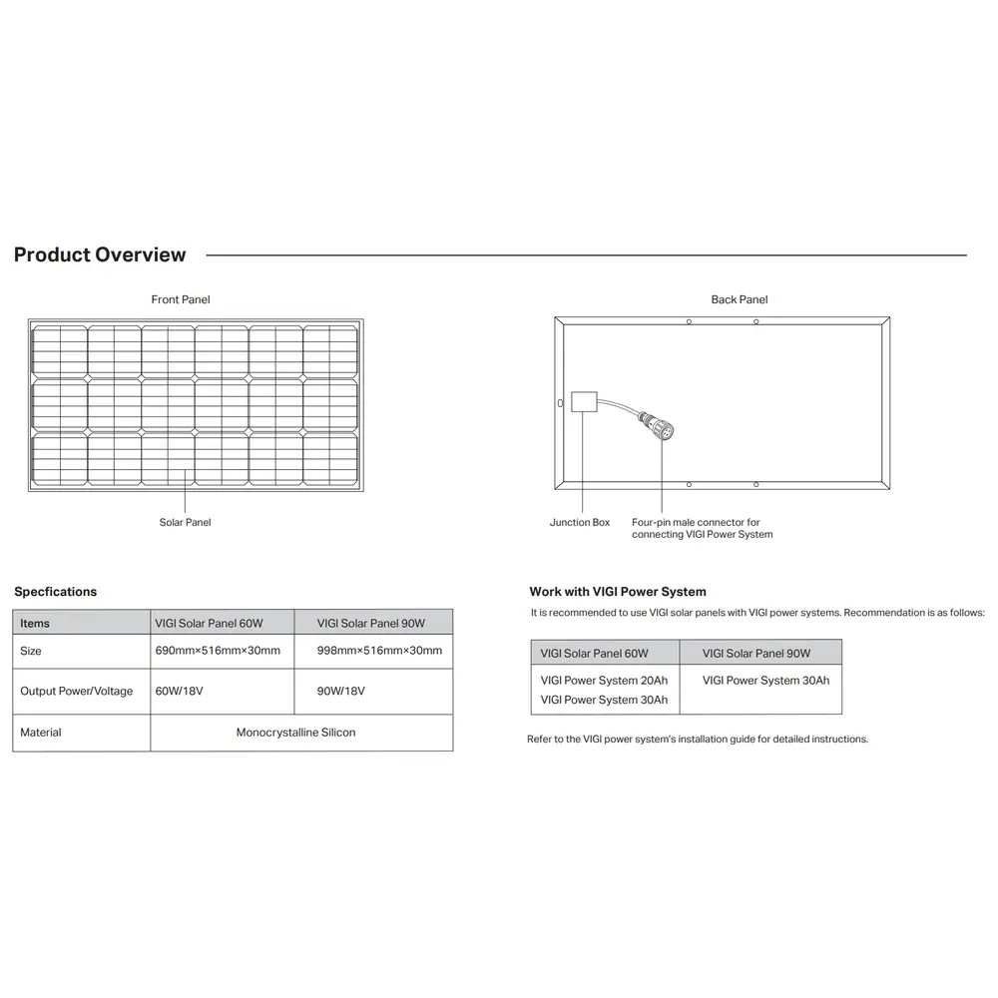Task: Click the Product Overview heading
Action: pyautogui.click(x=100, y=254)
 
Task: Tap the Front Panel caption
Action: pyautogui.click(x=181, y=299)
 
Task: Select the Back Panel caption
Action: pyautogui.click(x=740, y=299)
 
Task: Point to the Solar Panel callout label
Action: pyautogui.click(x=185, y=522)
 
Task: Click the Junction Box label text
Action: pyautogui.click(x=580, y=522)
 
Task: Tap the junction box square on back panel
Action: pyautogui.click(x=583, y=401)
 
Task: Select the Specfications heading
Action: pyautogui.click(x=55, y=592)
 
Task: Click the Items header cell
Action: pyautogui.click(x=35, y=623)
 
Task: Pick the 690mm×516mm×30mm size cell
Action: pyautogui.click(x=218, y=651)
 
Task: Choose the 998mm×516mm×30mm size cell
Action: pyautogui.click(x=379, y=651)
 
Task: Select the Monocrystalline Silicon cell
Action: pyautogui.click(x=295, y=733)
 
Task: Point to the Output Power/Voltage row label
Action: pyautogui.click(x=76, y=691)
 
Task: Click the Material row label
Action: pyautogui.click(x=41, y=733)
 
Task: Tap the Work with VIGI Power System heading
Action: pyautogui.click(x=618, y=592)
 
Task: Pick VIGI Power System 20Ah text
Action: pyautogui.click(x=604, y=681)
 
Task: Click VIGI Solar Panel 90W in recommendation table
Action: pyautogui.click(x=756, y=654)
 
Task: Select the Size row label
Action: pyautogui.click(x=31, y=651)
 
